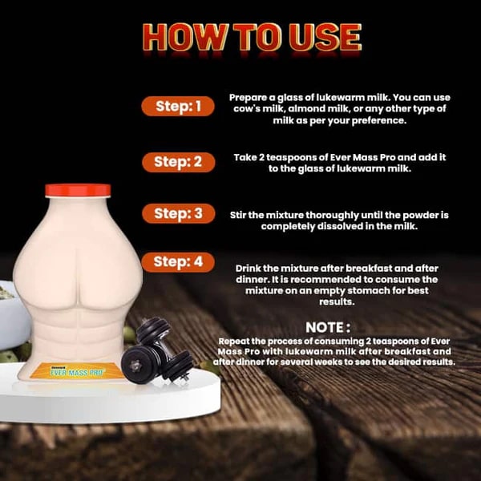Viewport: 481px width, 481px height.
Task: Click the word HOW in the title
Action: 185,37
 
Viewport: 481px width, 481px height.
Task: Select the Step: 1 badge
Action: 178,106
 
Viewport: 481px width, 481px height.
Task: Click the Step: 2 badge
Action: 178,162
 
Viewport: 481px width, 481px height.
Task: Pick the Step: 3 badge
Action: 178,213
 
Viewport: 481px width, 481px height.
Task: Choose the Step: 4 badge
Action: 178,262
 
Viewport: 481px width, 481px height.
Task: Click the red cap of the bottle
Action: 78,191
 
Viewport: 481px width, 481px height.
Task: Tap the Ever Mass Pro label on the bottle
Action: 77,371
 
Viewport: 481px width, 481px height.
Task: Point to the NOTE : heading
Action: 328,327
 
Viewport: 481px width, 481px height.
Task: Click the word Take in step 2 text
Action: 245,158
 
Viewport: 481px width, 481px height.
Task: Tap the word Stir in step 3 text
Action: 238,215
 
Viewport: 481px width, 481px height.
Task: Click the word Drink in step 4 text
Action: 248,269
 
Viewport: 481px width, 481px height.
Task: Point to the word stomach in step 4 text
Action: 370,290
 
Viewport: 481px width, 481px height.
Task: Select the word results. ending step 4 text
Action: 337,302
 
